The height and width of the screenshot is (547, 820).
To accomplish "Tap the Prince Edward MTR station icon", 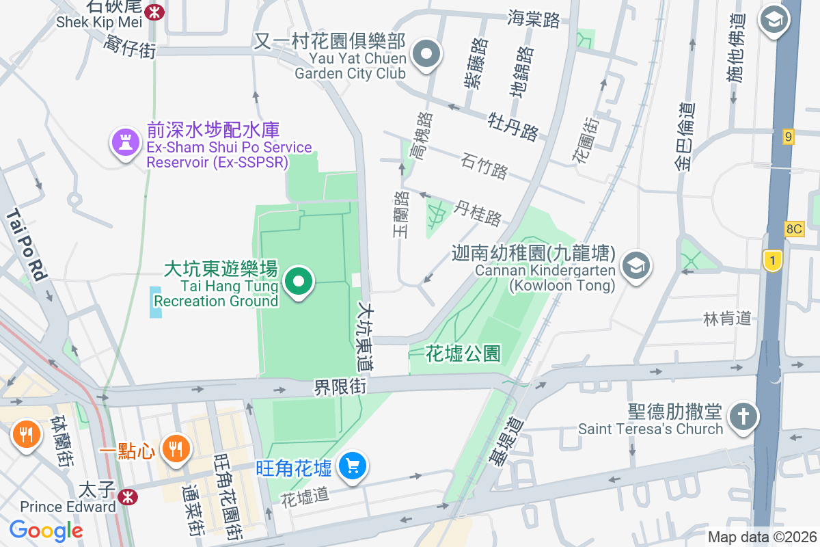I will tap(127, 497).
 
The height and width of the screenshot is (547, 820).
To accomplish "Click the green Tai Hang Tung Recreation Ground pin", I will tap(298, 282).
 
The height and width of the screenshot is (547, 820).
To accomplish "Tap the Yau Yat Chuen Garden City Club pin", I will tap(427, 54).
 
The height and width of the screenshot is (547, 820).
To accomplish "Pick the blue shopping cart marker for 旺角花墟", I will tap(353, 467).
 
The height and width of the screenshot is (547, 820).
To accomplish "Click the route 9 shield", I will tap(789, 137).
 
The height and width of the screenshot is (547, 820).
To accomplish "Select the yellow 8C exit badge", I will tap(794, 229).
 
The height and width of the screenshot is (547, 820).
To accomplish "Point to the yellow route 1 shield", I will tap(772, 261).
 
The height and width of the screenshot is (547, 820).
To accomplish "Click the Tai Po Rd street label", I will tap(27, 246).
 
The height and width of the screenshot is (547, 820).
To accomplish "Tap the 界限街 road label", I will tap(340, 388).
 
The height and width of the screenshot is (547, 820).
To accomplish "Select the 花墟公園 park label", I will tap(463, 353).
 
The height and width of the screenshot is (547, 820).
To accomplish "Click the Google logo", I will tap(46, 530).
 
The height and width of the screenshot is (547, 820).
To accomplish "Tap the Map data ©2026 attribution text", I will tap(761, 537).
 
